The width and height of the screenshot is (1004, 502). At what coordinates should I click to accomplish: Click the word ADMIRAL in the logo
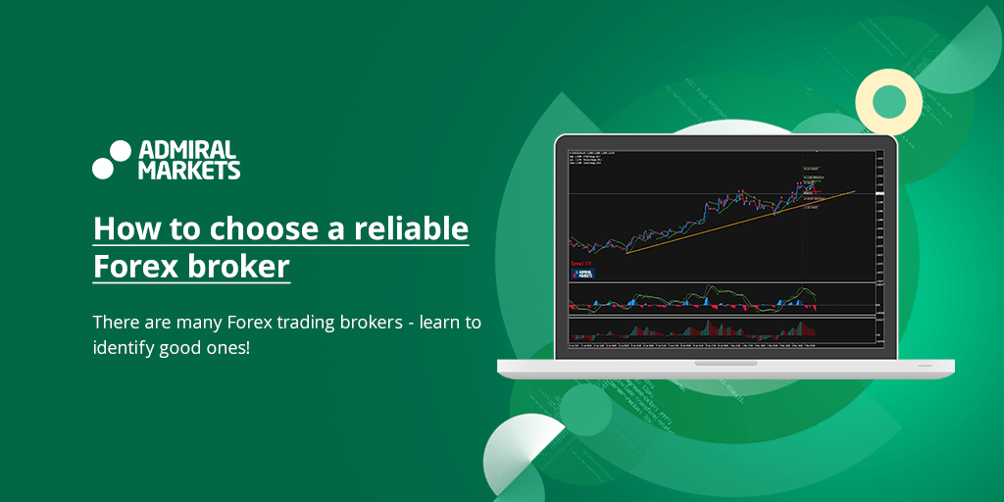tap(188, 150)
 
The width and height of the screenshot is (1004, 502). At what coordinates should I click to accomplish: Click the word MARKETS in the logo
tap(189, 170)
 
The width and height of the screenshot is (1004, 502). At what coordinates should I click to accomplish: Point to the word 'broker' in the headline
tap(241, 266)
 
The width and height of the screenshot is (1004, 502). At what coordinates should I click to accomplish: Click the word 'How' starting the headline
tap(118, 229)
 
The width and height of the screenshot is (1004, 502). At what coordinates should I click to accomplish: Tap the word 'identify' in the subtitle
tap(123, 347)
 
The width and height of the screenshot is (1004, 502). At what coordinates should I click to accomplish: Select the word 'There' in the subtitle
tap(115, 323)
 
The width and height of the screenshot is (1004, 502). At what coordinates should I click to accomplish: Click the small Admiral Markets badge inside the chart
tap(580, 275)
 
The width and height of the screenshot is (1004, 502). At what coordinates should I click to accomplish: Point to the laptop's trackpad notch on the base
tap(726, 363)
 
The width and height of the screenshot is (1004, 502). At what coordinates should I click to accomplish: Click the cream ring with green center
tap(888, 101)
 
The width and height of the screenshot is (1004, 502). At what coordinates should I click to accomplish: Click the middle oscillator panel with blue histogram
tap(721, 299)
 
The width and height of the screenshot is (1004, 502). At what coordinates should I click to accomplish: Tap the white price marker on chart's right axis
tap(879, 193)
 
